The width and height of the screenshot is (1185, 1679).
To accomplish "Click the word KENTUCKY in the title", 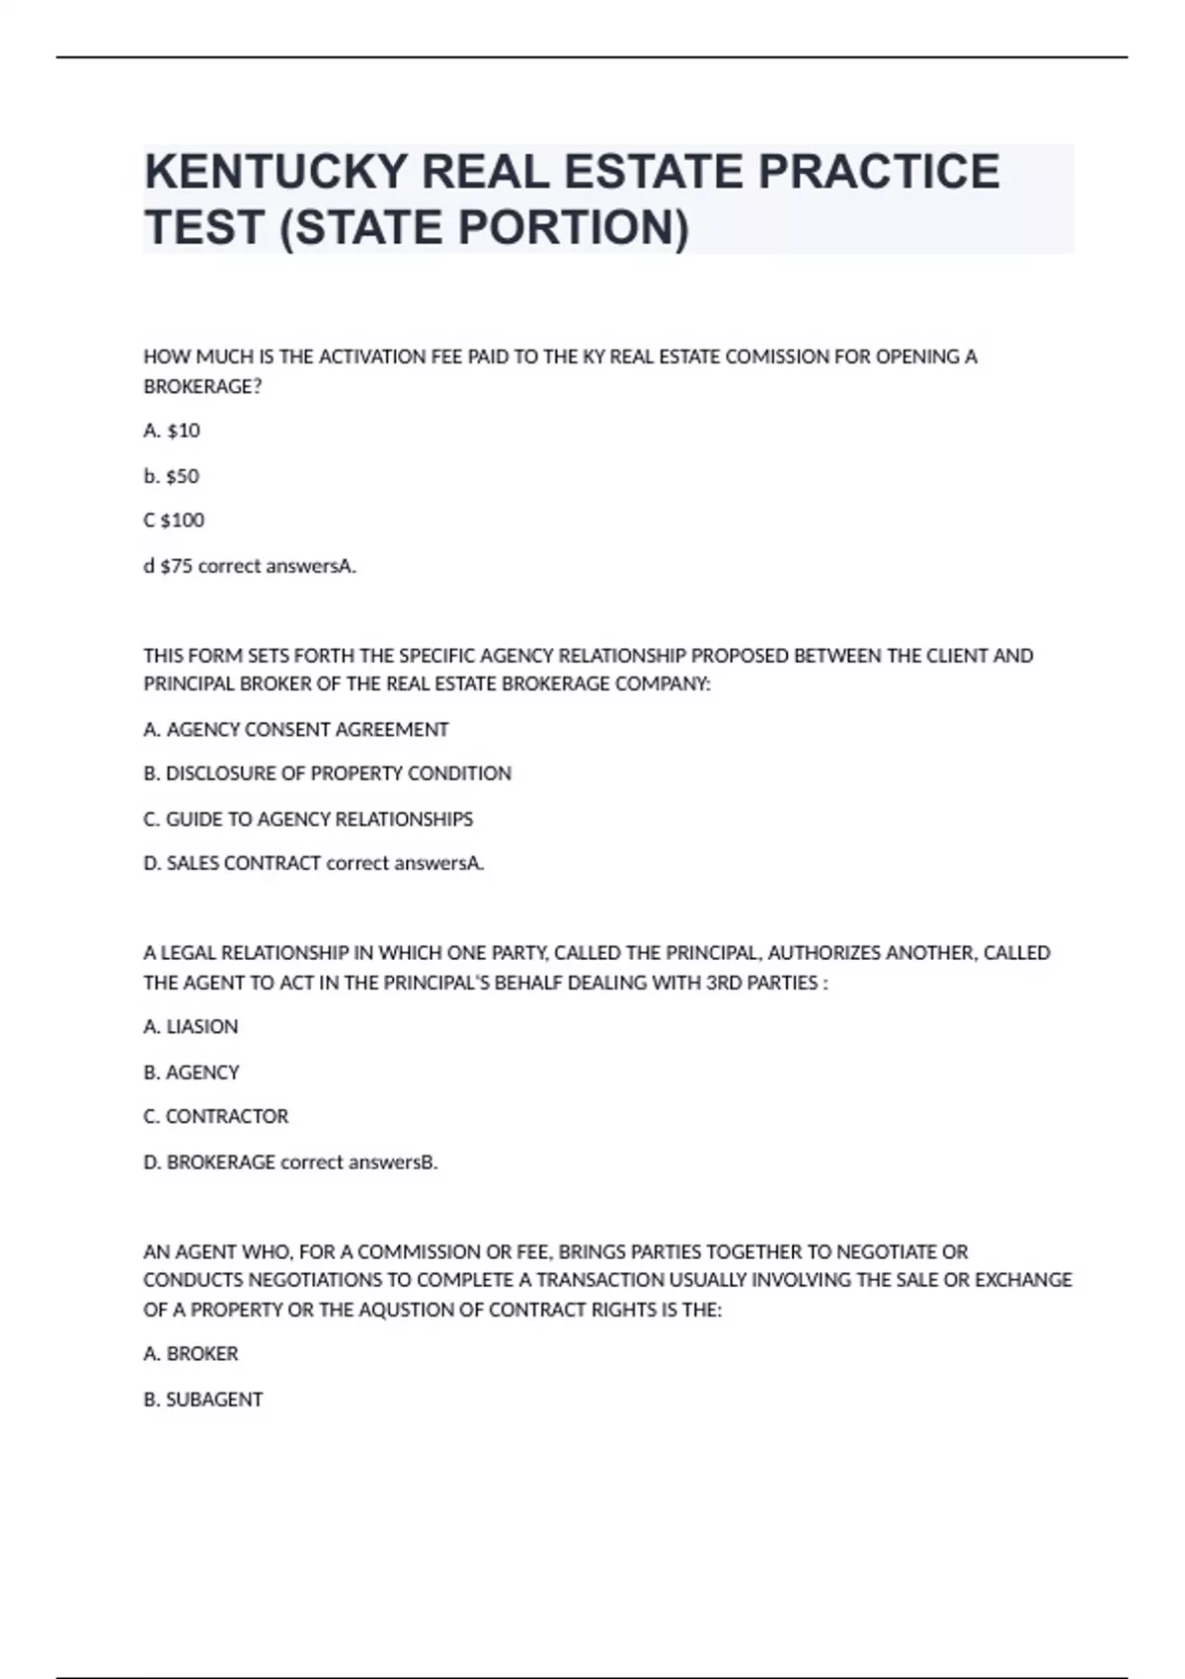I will click(x=276, y=172).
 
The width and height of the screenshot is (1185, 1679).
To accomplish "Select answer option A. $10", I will click(x=172, y=431).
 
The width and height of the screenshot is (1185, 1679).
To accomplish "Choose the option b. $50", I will click(x=171, y=476).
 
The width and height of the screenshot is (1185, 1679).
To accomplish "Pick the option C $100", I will click(x=174, y=520).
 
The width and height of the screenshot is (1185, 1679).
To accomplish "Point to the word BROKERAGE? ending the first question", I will click(x=202, y=386).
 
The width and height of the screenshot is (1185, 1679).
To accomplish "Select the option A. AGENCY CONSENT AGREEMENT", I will click(x=295, y=730).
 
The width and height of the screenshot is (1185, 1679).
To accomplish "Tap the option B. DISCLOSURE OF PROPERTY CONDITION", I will click(x=327, y=773).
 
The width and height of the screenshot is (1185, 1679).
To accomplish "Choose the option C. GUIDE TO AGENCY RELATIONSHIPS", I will click(x=308, y=819).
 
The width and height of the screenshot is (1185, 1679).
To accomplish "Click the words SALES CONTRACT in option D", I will click(x=244, y=863).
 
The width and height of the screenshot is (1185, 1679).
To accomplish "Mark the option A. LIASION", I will click(x=191, y=1027).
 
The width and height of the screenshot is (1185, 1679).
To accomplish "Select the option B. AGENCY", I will click(x=191, y=1073).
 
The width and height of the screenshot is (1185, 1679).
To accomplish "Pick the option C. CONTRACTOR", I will click(x=215, y=1117).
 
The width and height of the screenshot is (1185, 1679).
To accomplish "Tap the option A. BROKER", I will click(x=191, y=1354).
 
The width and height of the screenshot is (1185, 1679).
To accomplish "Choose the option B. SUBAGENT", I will click(x=202, y=1399).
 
